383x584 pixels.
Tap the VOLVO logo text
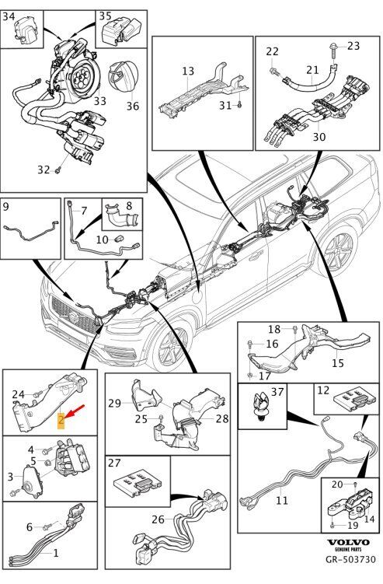pos(348,543)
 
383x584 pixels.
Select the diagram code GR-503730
pos(350,559)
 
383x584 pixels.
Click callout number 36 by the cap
pos(133,107)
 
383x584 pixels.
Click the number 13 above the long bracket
pos(188,71)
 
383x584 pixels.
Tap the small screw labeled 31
pos(239,106)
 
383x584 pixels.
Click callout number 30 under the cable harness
pos(319,137)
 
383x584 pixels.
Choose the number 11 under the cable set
pos(282,499)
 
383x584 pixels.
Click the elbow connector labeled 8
pos(122,216)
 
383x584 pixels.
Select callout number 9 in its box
pos(5,206)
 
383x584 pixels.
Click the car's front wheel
pos(172,346)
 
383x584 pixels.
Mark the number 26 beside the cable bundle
pos(158,519)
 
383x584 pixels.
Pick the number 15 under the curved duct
pos(338,362)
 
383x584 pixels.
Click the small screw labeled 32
pos(57,170)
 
